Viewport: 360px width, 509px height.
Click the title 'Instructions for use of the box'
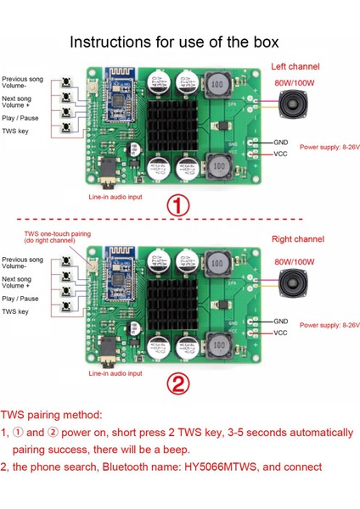180,41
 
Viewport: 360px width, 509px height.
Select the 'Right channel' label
295,240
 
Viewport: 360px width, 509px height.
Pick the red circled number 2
177,384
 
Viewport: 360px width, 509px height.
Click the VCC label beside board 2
281,333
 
